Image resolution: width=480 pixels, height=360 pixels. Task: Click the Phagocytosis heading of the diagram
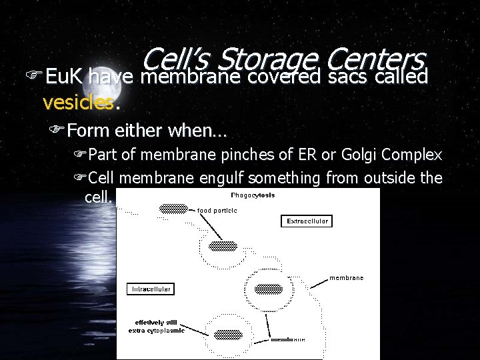(253, 195)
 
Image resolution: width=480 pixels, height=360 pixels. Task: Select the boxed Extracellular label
(308, 221)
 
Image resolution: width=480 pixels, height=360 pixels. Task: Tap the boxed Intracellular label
(150, 289)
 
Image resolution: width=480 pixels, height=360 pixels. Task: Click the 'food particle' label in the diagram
(217, 211)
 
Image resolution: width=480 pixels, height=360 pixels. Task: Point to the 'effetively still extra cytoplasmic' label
(156, 325)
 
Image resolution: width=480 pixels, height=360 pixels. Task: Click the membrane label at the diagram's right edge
(346, 277)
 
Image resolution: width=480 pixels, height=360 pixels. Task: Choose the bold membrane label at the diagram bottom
(288, 340)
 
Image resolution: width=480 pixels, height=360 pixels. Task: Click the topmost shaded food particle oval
(173, 208)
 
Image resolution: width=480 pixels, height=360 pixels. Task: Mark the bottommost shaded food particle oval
(229, 335)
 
